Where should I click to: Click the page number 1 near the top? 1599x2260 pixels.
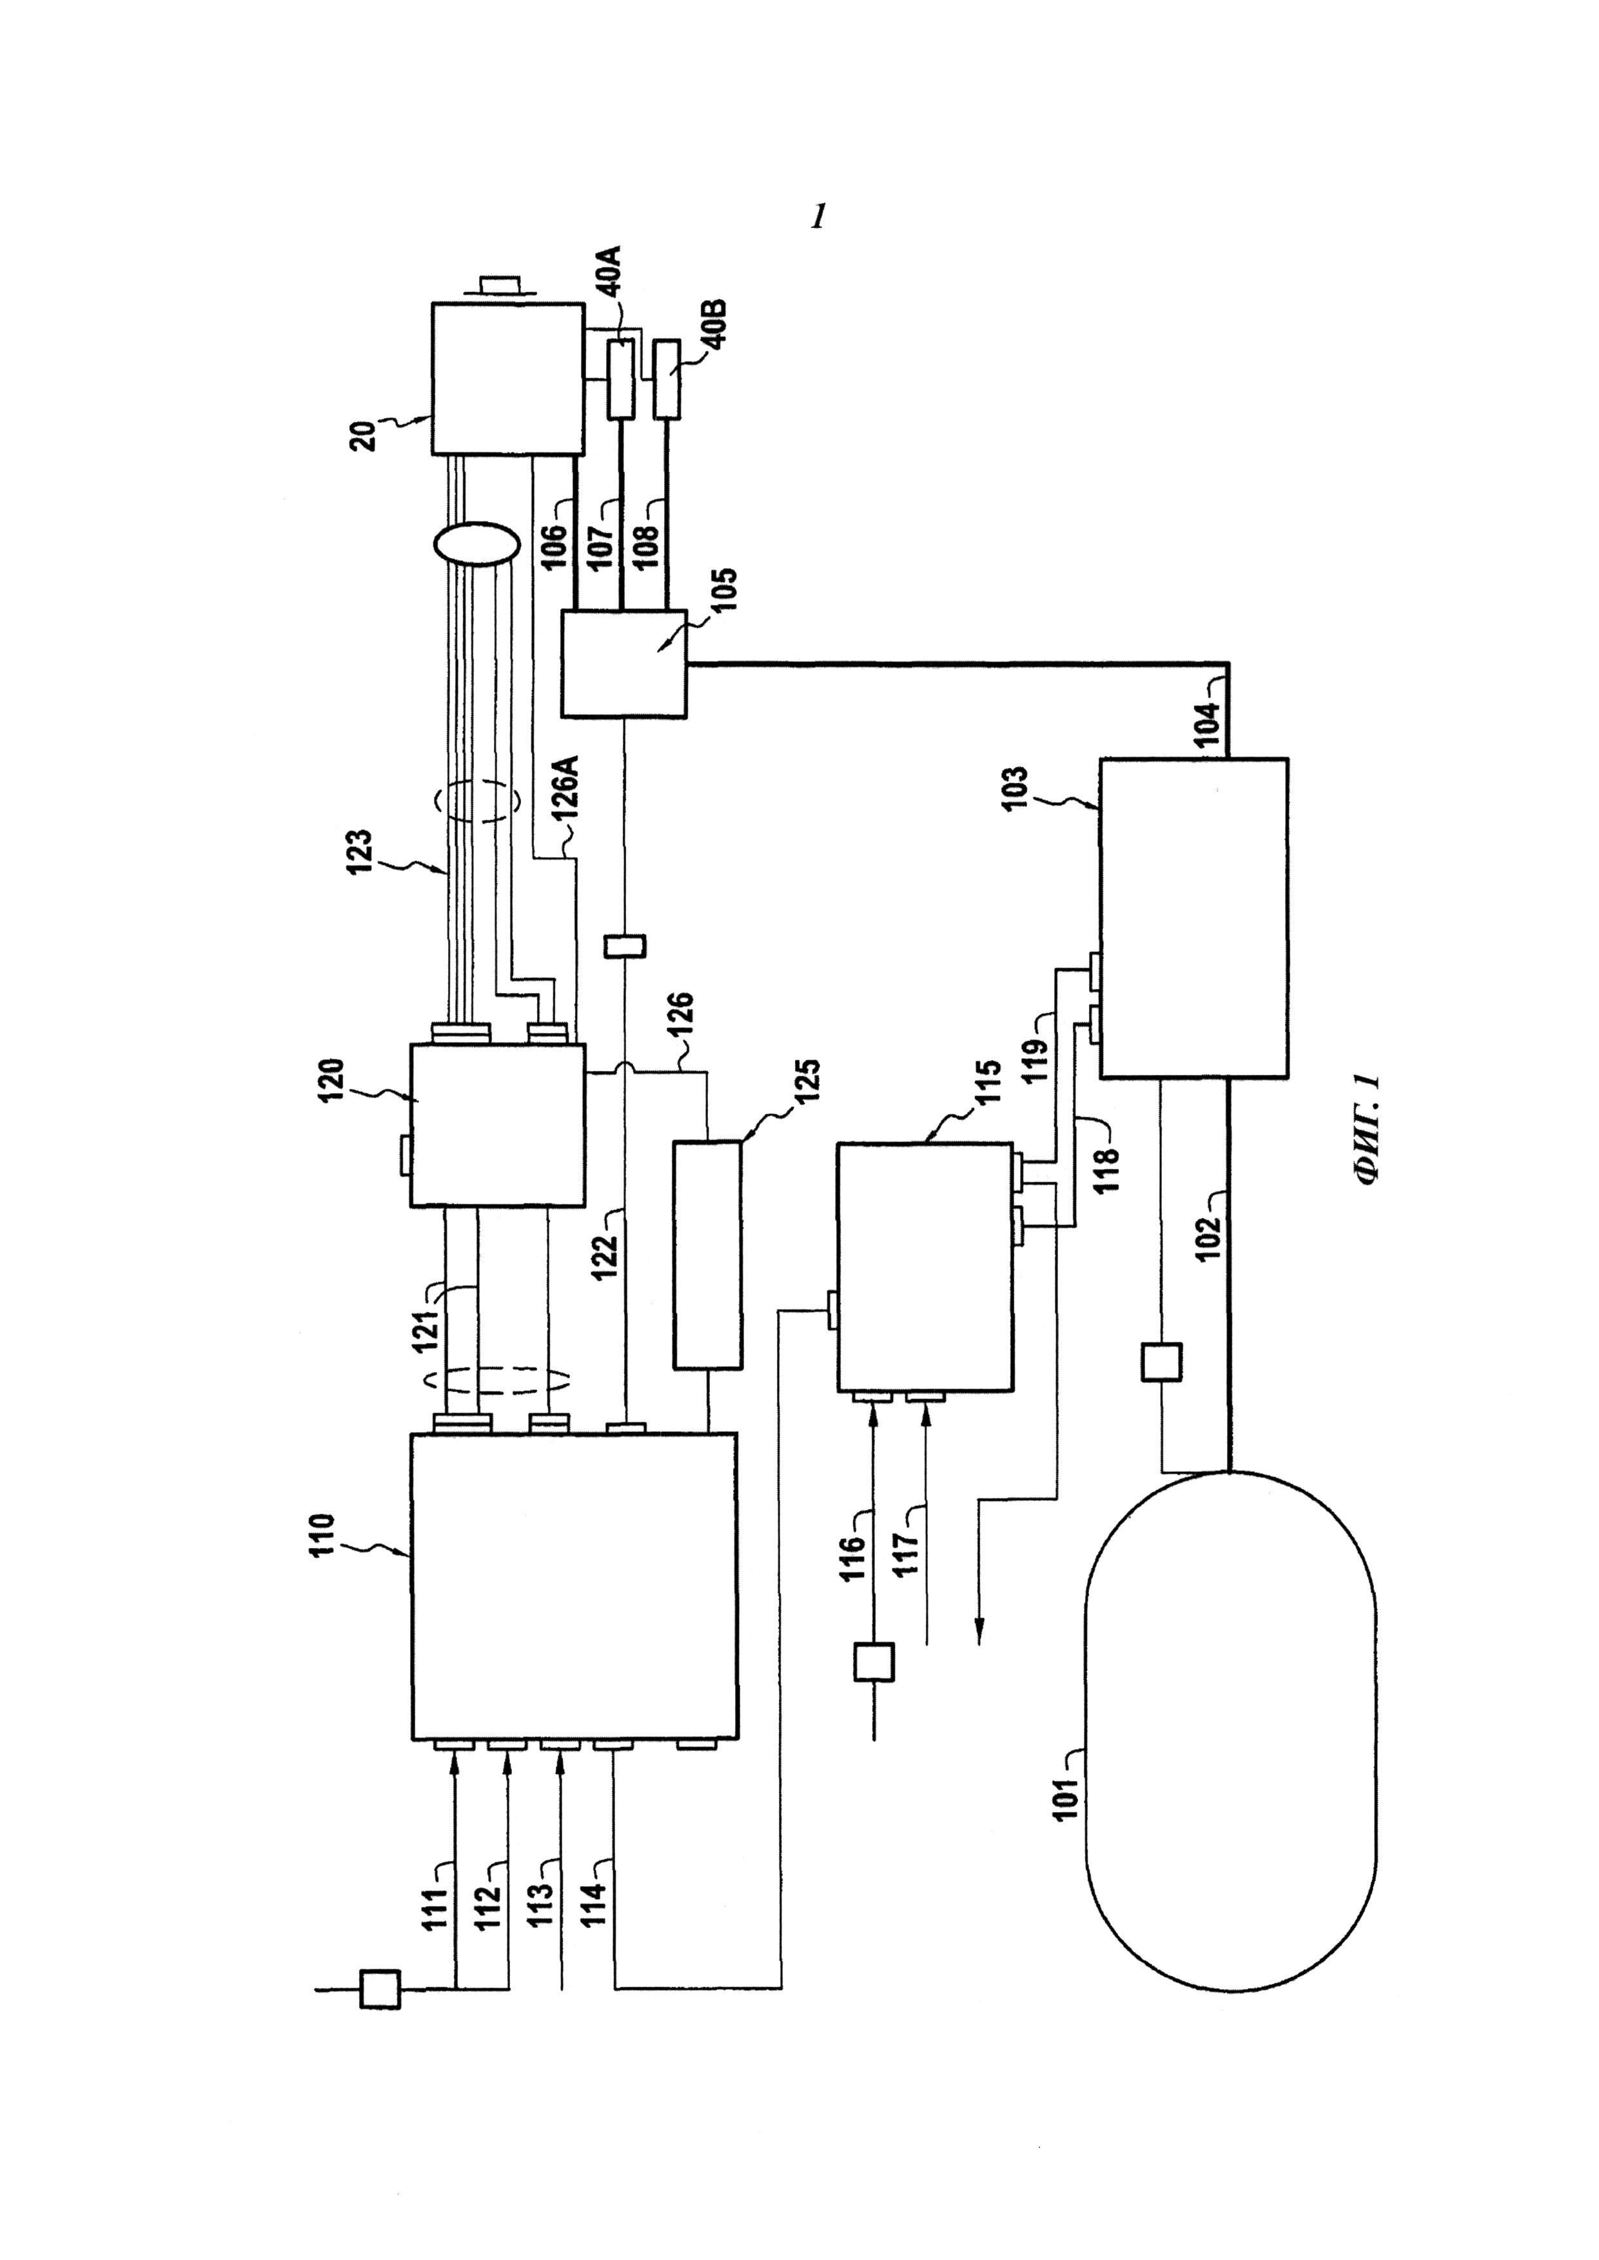(817, 217)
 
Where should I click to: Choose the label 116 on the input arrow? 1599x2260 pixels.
(852, 1554)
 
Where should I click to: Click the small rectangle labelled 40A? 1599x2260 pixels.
(622, 379)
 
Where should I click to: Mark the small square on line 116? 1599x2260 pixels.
(874, 1661)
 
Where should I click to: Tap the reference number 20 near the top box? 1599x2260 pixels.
(366, 436)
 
